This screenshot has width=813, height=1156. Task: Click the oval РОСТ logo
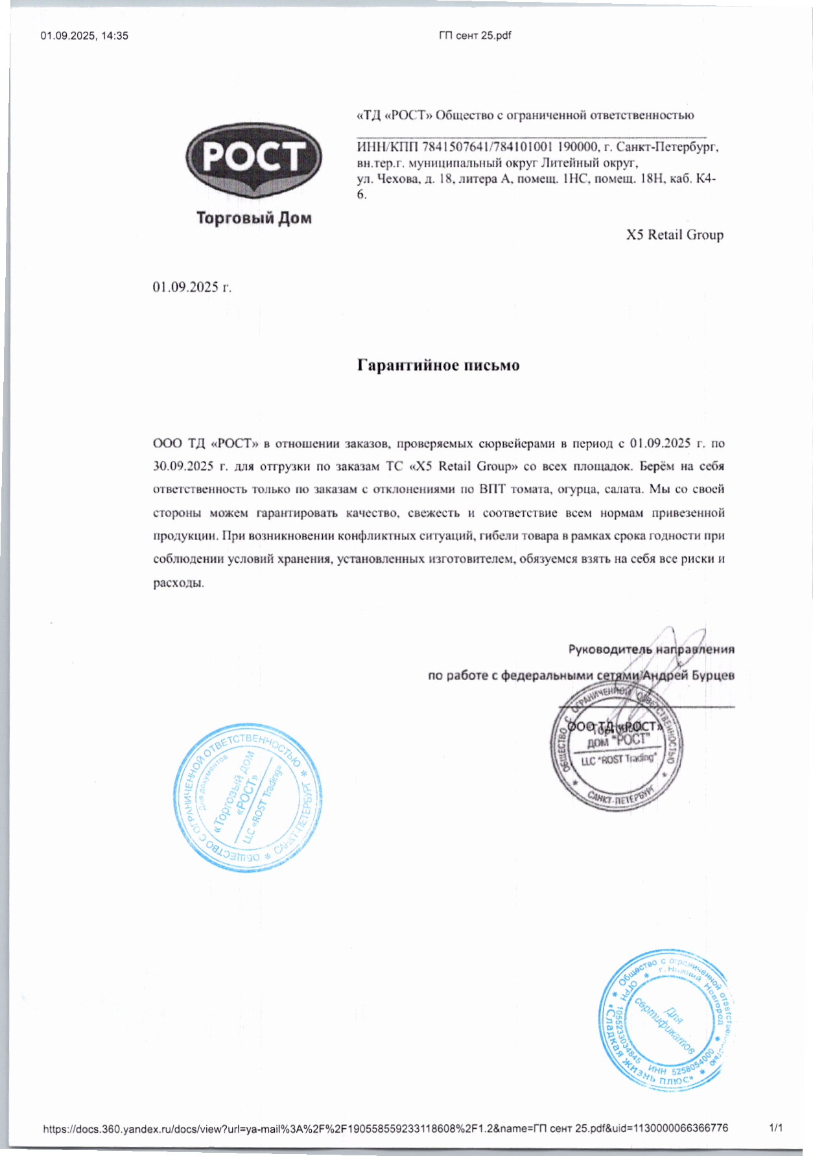(253, 159)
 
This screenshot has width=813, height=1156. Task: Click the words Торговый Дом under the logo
(253, 218)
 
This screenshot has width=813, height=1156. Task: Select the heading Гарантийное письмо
(438, 365)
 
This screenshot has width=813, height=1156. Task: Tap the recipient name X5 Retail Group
(674, 235)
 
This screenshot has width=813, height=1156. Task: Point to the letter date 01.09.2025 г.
(192, 287)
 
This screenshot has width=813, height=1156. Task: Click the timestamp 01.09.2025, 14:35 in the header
(84, 36)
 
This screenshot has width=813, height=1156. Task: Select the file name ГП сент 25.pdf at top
(475, 36)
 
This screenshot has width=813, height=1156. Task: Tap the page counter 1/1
(776, 1127)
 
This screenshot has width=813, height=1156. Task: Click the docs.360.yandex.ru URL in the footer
(385, 1128)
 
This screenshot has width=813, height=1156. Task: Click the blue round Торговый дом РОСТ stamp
(248, 797)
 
